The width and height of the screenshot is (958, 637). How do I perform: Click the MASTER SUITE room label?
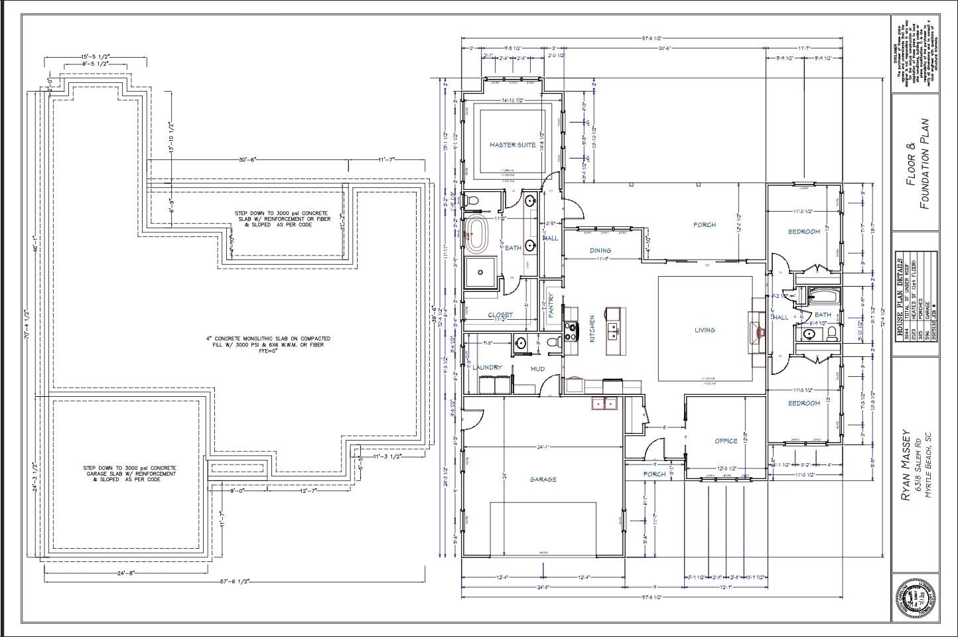coord(512,145)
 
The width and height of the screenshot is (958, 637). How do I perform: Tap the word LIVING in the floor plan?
coord(705,330)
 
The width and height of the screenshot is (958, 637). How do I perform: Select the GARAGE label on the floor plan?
coord(543,479)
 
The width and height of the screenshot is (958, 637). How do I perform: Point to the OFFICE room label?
coord(726,441)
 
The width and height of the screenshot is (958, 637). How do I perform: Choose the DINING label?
coord(600,250)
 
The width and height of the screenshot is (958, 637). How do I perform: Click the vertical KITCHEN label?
coord(592,328)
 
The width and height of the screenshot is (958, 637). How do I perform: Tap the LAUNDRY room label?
coord(487,367)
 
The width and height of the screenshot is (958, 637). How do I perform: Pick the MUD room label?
coord(537,369)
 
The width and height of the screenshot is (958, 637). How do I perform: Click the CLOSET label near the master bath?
coord(500,315)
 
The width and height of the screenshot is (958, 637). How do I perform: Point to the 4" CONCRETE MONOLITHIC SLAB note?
coord(267,342)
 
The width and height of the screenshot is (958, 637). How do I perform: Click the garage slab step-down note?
coord(130,473)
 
